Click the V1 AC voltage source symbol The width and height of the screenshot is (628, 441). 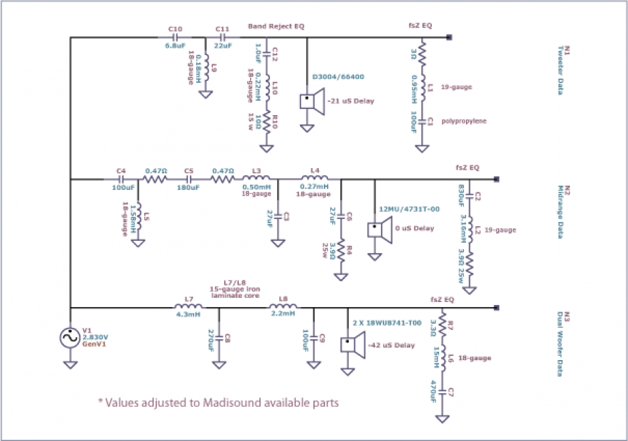click(x=70, y=338)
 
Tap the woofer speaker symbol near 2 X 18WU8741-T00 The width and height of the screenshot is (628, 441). click(x=350, y=343)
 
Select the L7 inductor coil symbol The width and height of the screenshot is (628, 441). click(x=184, y=307)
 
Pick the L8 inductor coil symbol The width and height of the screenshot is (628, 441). click(x=283, y=307)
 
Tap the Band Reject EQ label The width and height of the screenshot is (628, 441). click(x=276, y=27)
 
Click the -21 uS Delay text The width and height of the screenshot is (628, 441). click(x=354, y=101)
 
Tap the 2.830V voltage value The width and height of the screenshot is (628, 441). click(x=96, y=338)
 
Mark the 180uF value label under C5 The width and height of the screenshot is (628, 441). click(x=188, y=188)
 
